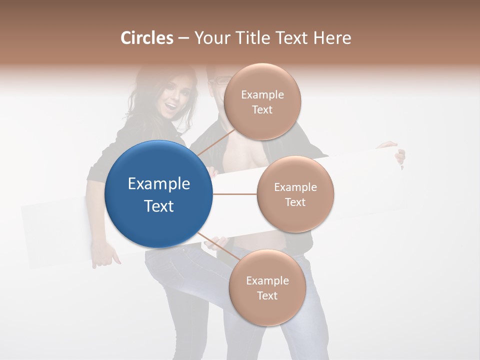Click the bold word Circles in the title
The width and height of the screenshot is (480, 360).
pos(147,38)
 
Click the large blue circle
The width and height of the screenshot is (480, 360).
pos(159,194)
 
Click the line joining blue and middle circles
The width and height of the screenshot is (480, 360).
pos(234,194)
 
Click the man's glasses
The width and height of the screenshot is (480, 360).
pos(220,81)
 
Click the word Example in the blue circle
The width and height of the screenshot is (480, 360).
pos(159,184)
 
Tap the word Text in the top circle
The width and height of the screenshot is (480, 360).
pos(262,110)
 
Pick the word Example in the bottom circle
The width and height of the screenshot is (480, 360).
pos(267,280)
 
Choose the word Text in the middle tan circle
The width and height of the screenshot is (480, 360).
pos(295,202)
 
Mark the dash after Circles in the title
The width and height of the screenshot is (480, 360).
pos(183,38)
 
